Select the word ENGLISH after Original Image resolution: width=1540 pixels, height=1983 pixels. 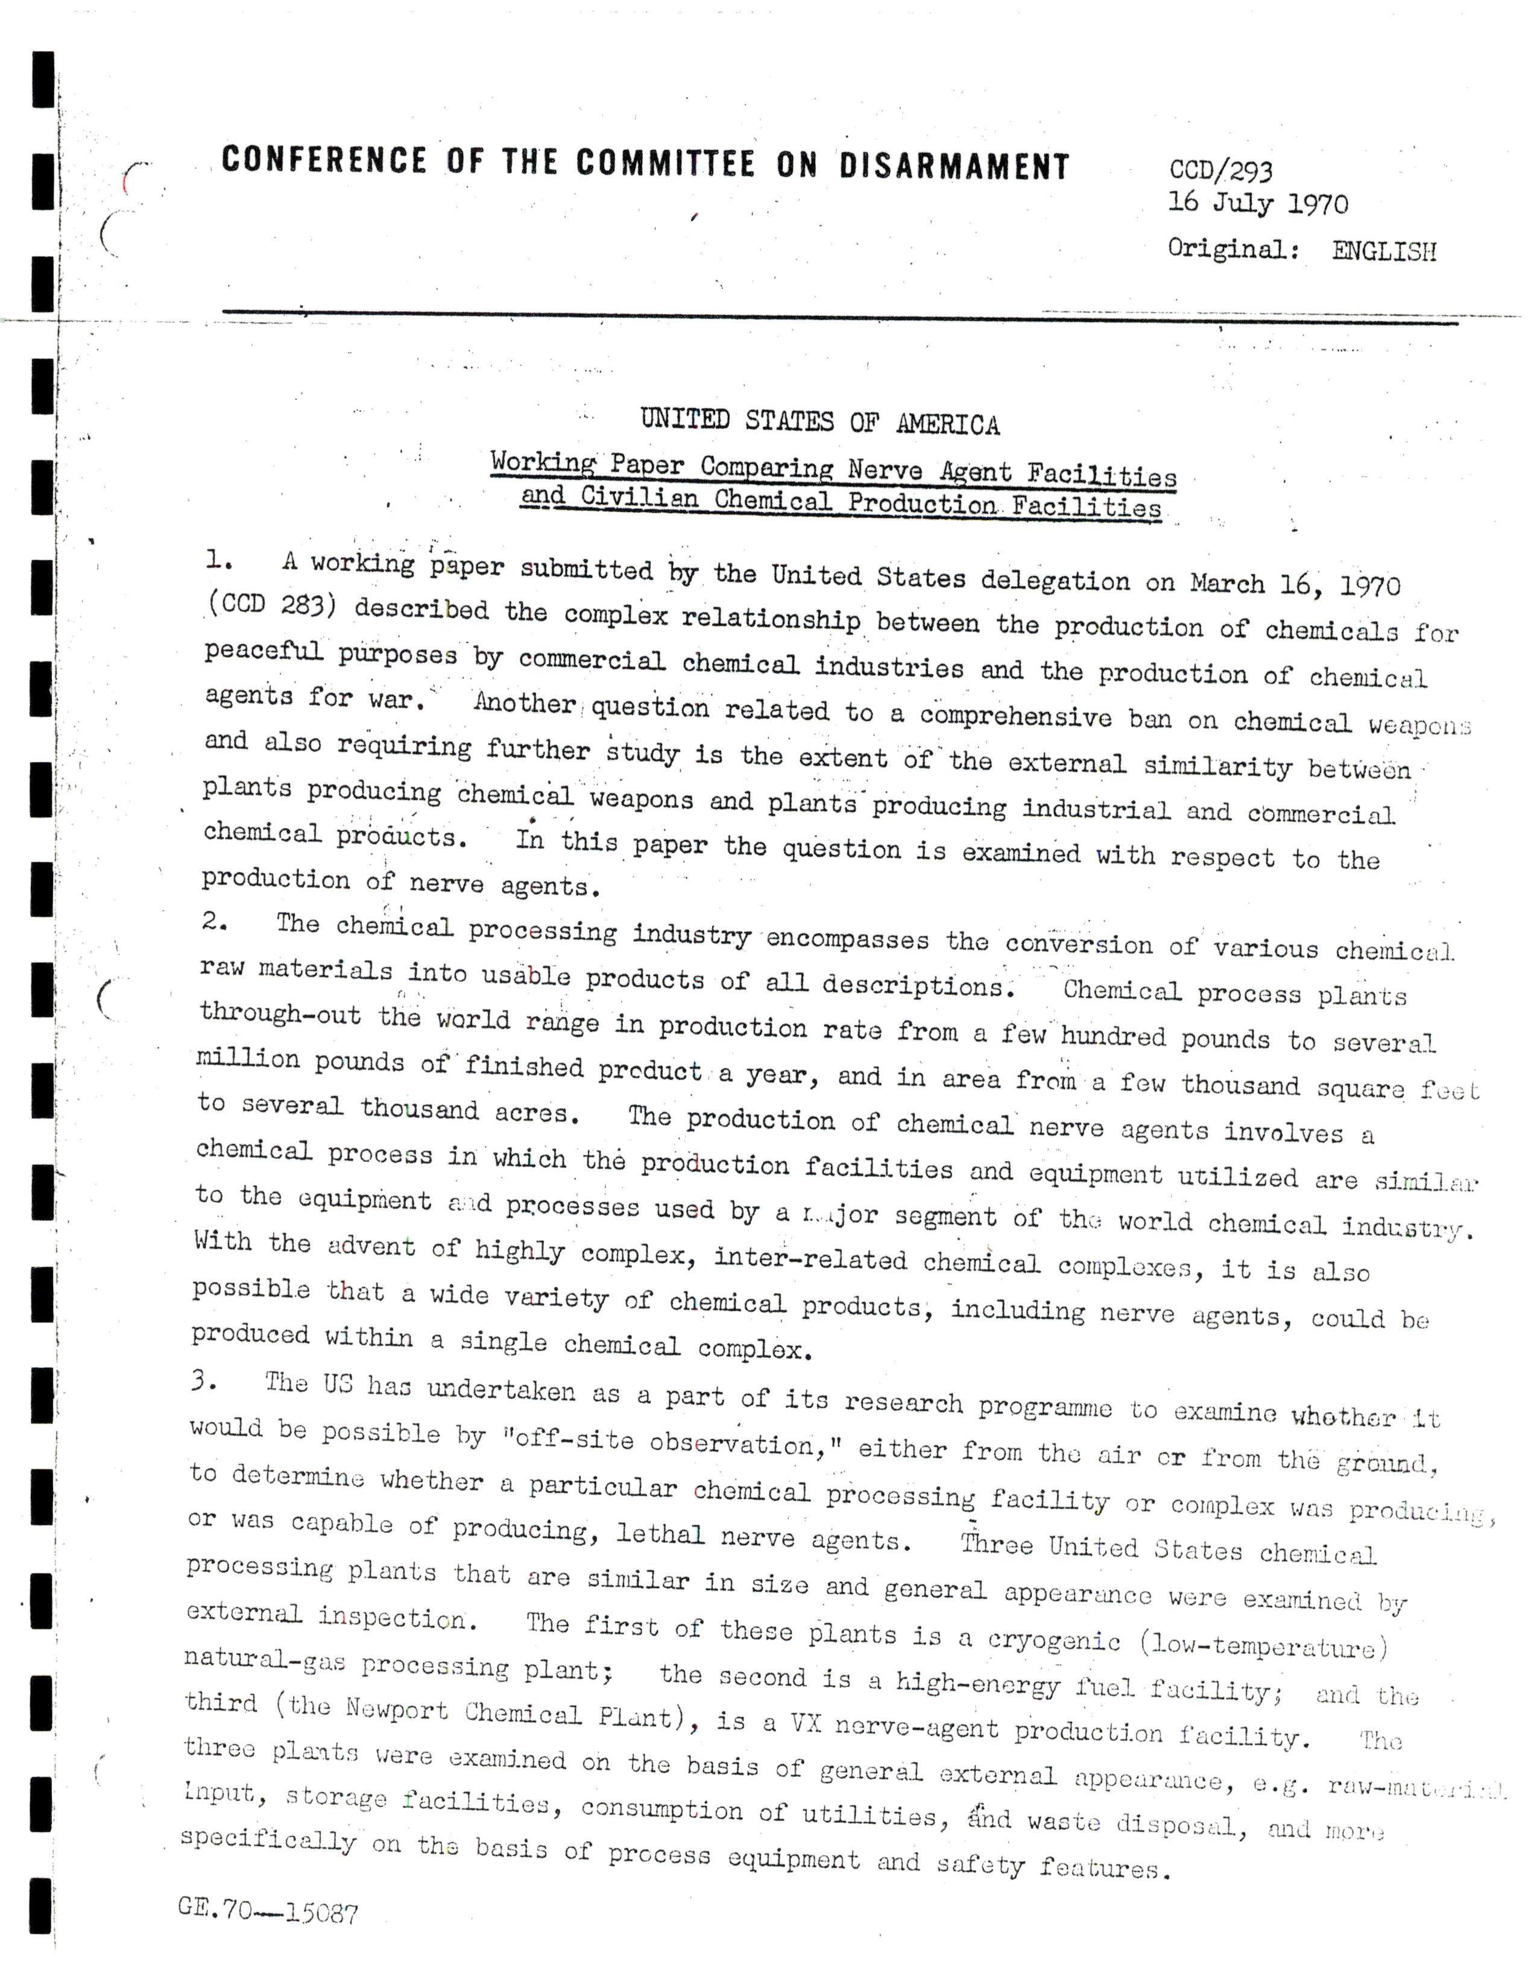pyautogui.click(x=1384, y=251)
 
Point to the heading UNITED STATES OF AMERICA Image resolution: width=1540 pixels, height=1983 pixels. pyautogui.click(x=819, y=422)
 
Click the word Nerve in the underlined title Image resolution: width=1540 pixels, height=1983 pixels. pyautogui.click(x=885, y=470)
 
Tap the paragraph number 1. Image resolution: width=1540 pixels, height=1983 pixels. pyautogui.click(x=218, y=561)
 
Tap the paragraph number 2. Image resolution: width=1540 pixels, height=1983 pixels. pyautogui.click(x=214, y=922)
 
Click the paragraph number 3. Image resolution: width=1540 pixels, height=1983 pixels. pyautogui.click(x=203, y=1382)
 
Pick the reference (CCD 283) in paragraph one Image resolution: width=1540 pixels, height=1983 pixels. pyautogui.click(x=271, y=605)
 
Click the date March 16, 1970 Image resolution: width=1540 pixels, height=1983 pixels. pyautogui.click(x=1296, y=584)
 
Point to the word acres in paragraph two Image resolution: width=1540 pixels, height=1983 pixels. pyautogui.click(x=535, y=1112)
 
